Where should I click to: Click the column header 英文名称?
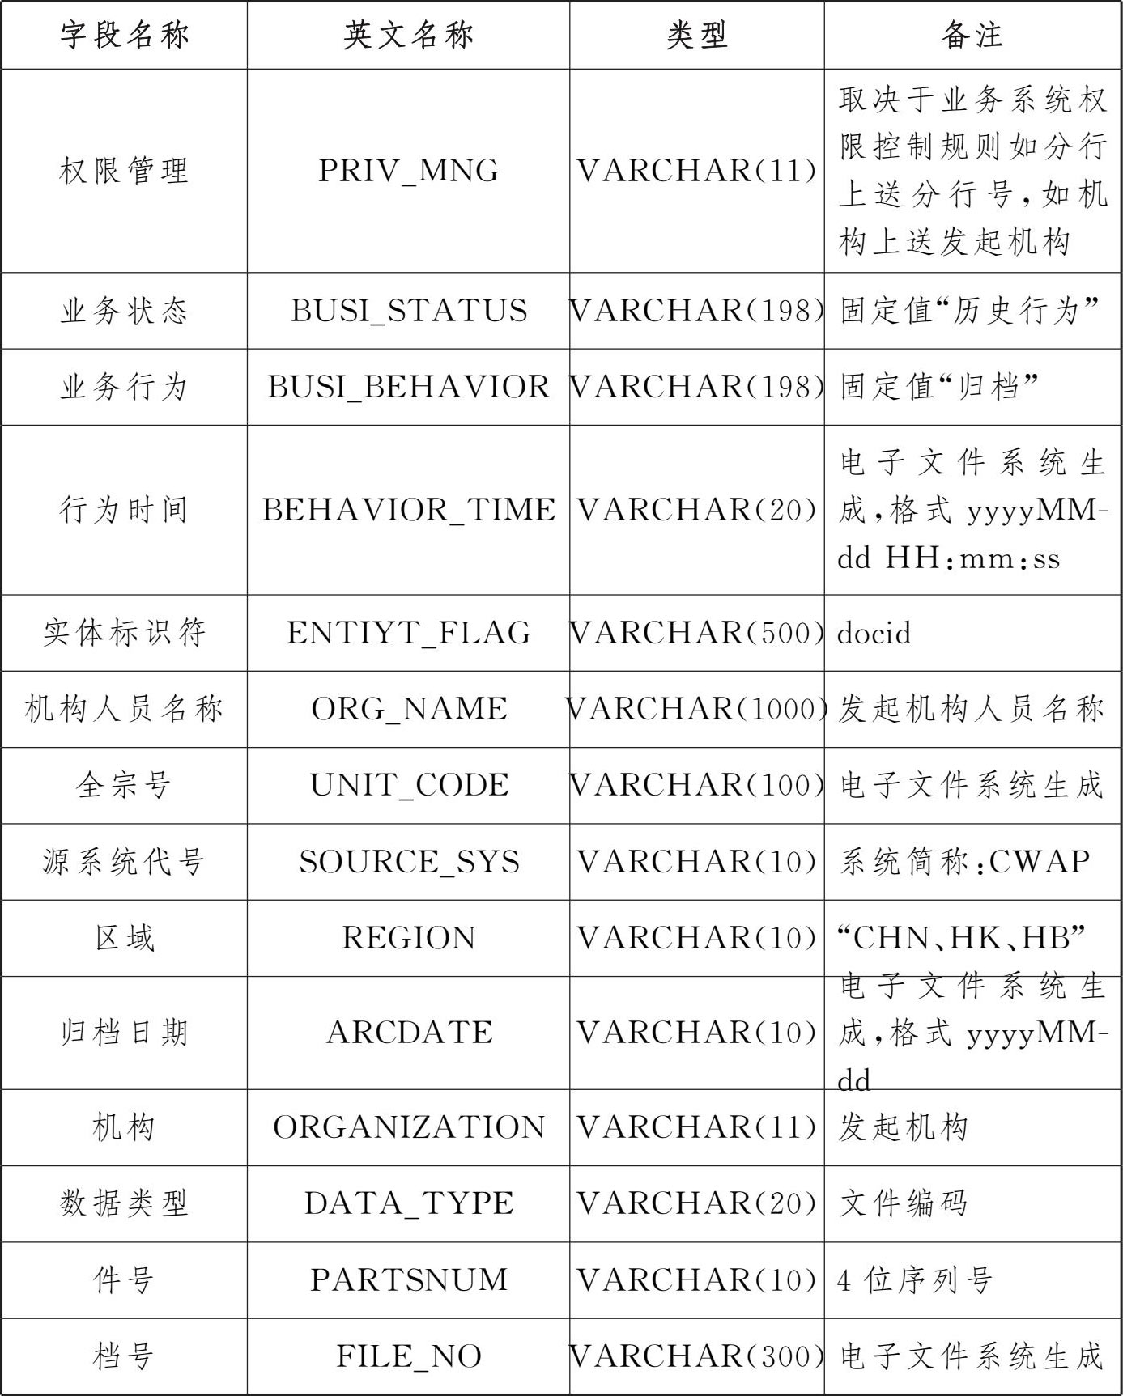[x=408, y=35]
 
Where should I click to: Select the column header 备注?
[x=972, y=35]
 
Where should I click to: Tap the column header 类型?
[x=696, y=35]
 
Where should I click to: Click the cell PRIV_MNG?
[x=408, y=171]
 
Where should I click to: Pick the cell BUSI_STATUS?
[x=408, y=311]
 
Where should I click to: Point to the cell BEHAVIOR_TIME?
[x=408, y=510]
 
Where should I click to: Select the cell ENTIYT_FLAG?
[x=408, y=633]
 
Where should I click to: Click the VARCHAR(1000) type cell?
[x=696, y=709]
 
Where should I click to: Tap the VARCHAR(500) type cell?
[x=696, y=633]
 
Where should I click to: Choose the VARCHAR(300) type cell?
[x=696, y=1356]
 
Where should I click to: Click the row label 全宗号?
[x=124, y=785]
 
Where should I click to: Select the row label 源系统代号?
[x=124, y=862]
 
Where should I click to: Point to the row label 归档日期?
[x=124, y=1033]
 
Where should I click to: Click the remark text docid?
[x=874, y=633]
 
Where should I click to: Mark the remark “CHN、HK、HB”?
[x=961, y=938]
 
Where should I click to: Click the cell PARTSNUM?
[x=408, y=1279]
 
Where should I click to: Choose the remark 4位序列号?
[x=915, y=1279]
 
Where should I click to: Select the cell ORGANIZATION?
[x=408, y=1127]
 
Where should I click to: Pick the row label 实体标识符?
[x=124, y=633]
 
